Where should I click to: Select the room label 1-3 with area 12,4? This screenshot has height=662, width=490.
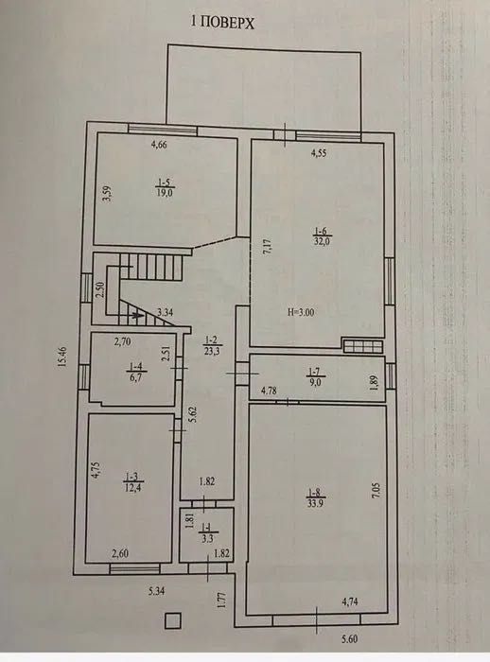click(130, 484)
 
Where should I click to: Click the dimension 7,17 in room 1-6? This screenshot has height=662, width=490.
click(267, 249)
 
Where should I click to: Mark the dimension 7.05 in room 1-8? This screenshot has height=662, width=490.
click(376, 489)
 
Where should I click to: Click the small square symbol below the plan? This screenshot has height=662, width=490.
click(171, 620)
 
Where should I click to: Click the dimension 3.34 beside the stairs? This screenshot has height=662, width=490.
click(165, 311)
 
